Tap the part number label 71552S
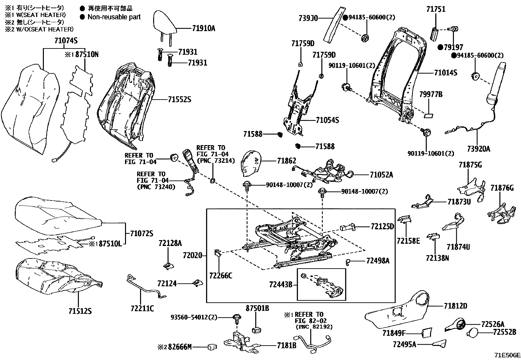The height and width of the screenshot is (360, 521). [x=179, y=99]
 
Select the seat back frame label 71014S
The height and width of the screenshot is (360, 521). [x=445, y=73]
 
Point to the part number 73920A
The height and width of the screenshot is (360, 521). [x=478, y=149]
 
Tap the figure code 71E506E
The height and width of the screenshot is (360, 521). [x=507, y=355]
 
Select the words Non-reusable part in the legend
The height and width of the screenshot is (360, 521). [x=114, y=17]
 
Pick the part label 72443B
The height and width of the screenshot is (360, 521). [x=281, y=284]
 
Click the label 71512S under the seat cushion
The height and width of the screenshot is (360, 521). [x=80, y=311]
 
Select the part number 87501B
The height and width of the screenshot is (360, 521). [x=257, y=308]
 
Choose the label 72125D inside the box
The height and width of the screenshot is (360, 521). [x=382, y=226]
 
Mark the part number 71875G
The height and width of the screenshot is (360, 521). [x=470, y=165]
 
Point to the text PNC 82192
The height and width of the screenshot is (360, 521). [x=314, y=327]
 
